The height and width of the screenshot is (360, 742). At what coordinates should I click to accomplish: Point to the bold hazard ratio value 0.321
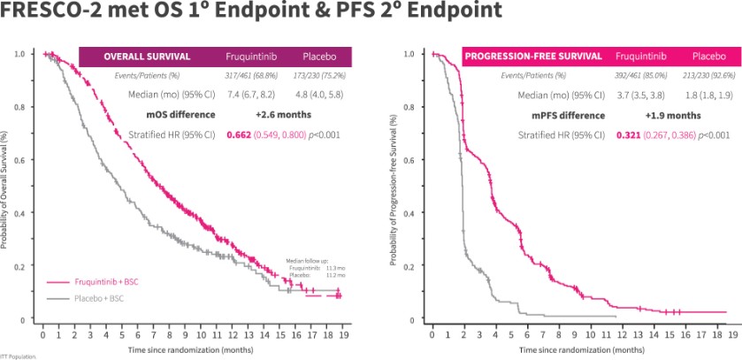pos(627,134)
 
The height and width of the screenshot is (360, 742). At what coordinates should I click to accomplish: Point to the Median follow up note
pos(316,268)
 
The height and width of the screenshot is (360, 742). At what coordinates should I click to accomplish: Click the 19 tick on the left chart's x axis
pos(342,334)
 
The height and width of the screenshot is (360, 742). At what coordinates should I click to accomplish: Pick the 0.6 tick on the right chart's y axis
pos(409,160)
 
